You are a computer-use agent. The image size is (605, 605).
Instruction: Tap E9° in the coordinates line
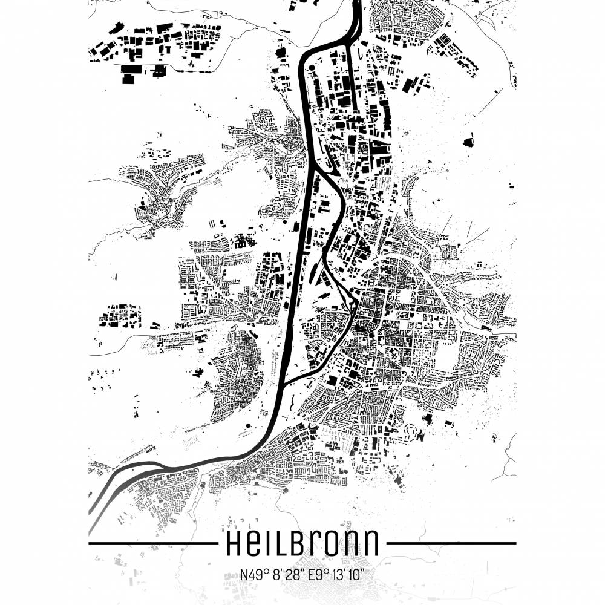[318, 573]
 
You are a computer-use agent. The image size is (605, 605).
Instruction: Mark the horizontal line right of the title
[451, 543]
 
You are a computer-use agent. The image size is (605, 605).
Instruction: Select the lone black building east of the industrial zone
[468, 142]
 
